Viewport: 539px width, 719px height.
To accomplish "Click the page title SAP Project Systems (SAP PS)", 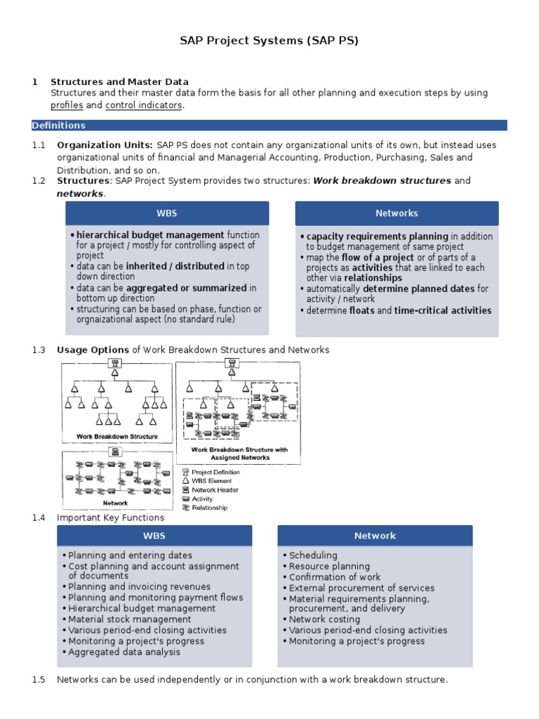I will (x=269, y=41).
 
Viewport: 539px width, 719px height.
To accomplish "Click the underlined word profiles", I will (x=67, y=105).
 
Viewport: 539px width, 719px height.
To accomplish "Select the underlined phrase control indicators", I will (x=143, y=105).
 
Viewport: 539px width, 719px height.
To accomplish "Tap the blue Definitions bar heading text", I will (x=58, y=126).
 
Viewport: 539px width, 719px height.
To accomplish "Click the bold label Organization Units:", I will (x=105, y=145).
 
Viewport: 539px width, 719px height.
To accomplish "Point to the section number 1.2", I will (x=39, y=181).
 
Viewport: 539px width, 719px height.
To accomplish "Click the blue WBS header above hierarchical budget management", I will (x=167, y=213).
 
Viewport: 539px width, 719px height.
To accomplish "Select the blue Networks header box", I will (x=397, y=213).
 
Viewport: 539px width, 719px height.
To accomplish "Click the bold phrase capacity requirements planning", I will (x=377, y=237).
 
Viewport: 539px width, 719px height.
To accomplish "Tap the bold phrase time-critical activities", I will (x=443, y=310).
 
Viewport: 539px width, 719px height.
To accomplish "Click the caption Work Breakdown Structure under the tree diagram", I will (x=117, y=437).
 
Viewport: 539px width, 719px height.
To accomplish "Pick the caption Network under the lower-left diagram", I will (x=116, y=503).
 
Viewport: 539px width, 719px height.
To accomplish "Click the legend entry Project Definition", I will (x=216, y=473).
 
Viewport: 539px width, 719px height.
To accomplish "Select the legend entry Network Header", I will (x=215, y=490).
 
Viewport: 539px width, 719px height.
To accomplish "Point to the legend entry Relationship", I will (x=210, y=508).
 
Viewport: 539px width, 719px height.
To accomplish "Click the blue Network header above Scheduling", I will (x=375, y=536).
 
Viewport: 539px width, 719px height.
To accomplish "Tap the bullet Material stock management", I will (x=130, y=619).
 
